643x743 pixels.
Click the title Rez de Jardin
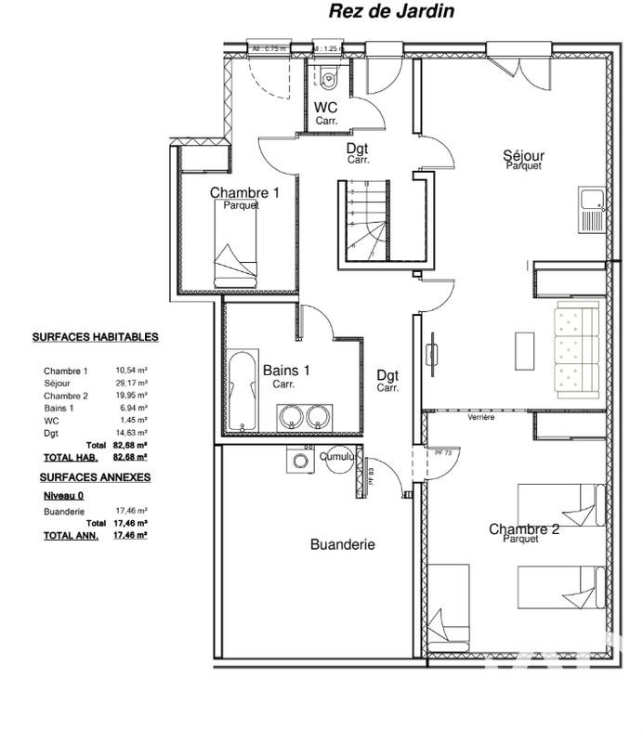[x=390, y=12]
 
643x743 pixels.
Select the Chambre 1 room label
[x=244, y=193]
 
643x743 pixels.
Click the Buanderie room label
[x=342, y=545]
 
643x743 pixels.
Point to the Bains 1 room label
[x=286, y=370]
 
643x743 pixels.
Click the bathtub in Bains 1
[x=243, y=390]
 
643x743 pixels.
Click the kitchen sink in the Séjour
[x=590, y=198]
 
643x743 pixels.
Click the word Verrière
[x=481, y=418]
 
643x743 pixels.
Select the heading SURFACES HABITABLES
[x=95, y=337]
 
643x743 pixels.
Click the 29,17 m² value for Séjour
[x=132, y=383]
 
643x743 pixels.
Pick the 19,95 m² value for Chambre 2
[x=132, y=396]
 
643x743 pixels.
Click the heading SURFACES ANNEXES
[x=95, y=476]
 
